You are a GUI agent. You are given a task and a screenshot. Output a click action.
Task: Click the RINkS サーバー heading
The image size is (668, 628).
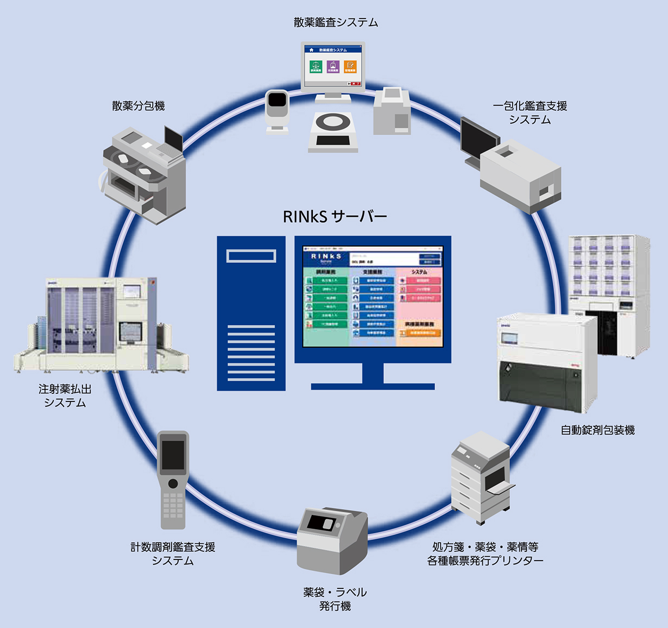coord(335,217)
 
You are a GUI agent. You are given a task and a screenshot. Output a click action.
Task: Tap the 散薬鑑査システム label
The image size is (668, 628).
coord(336,23)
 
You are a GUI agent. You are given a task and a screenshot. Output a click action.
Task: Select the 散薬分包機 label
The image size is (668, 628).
coord(138,106)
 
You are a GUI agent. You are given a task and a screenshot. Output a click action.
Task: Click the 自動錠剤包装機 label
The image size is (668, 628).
coord(597,430)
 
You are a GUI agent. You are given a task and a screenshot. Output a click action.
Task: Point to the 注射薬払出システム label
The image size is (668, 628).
coord(65,396)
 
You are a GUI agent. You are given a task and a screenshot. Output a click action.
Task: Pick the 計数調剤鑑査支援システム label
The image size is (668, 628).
coord(173,554)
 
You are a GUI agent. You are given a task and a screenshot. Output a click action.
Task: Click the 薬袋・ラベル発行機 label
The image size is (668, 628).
coord(335,599)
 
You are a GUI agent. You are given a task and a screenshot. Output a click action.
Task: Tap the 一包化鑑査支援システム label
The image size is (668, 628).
coord(530,112)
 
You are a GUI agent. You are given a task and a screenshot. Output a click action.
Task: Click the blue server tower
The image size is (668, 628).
coord(251,313)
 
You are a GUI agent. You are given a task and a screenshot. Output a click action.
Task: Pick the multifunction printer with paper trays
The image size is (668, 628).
coord(480,478)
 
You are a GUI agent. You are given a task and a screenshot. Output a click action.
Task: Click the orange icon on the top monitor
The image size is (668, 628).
coord(350,67)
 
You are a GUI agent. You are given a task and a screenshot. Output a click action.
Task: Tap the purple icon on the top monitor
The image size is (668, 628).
coord(333,67)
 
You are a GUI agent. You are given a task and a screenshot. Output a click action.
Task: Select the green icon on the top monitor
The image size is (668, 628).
coord(316,67)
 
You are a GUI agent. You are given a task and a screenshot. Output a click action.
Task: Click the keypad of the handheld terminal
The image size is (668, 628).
coord(173,505)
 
